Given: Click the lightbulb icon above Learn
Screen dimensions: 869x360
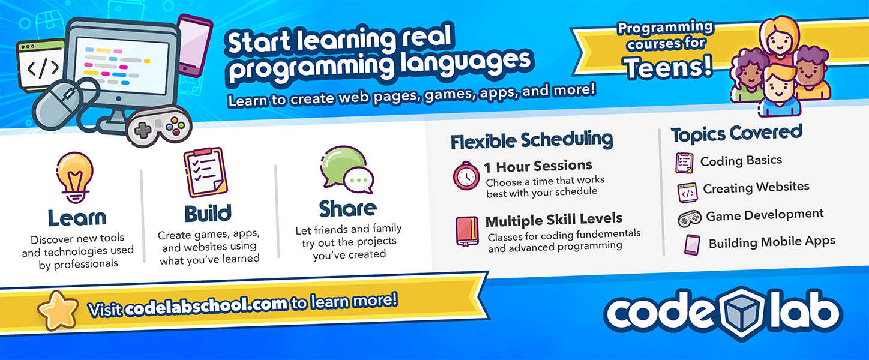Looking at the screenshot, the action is [75, 177].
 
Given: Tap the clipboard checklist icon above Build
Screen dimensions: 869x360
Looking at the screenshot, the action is [205, 172].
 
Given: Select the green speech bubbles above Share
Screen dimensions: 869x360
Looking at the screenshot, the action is [347, 170].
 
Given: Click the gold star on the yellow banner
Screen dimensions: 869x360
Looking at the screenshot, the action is [58, 310].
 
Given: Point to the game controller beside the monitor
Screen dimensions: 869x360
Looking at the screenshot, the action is [158, 125].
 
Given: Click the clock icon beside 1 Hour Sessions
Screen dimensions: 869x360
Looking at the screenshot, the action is [466, 176].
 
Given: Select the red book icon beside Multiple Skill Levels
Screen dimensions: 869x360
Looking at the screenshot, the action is [467, 231].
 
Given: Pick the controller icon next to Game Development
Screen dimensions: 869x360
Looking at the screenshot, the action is [690, 218].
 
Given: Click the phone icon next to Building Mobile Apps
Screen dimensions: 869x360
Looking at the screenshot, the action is [692, 245].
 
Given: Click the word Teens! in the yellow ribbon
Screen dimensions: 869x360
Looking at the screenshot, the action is [668, 67].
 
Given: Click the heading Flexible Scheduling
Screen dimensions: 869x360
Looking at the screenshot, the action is [532, 140].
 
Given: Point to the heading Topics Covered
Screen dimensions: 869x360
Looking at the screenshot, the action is [736, 134].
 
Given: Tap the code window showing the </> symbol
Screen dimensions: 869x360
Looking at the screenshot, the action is [41, 65].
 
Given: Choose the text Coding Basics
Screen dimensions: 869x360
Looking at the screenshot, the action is [741, 161].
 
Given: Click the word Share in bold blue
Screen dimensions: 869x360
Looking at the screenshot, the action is [347, 209].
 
